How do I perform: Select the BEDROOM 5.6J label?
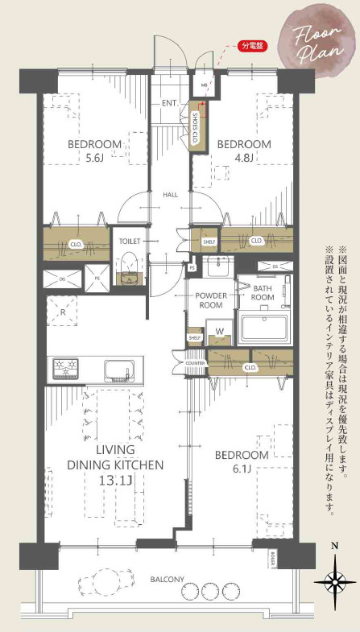(94, 151)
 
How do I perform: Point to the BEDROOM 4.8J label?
(244, 151)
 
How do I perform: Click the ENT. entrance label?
(170, 103)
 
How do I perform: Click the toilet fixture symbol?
(128, 268)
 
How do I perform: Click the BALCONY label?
(167, 580)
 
